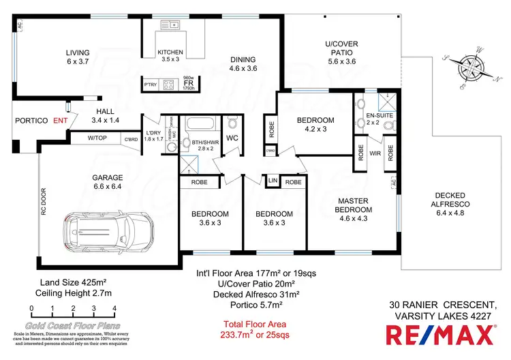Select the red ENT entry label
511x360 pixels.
coord(61,120)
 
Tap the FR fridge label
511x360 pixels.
coord(189,84)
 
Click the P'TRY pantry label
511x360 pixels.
coord(151,84)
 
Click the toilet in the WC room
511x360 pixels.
coord(232,123)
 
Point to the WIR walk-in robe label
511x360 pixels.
coord(374,153)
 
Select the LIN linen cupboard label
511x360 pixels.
coord(272,181)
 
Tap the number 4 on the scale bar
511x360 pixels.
coord(114,308)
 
